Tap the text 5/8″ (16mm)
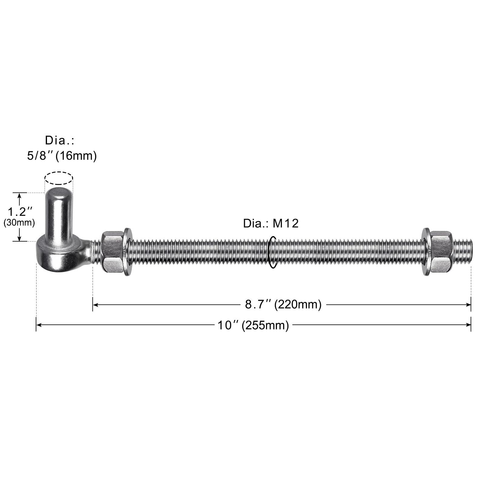[x=62, y=156]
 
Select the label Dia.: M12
[x=271, y=223]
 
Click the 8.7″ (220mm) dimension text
[x=283, y=304]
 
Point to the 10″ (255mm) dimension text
[x=253, y=325]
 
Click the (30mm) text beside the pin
[x=19, y=223]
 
